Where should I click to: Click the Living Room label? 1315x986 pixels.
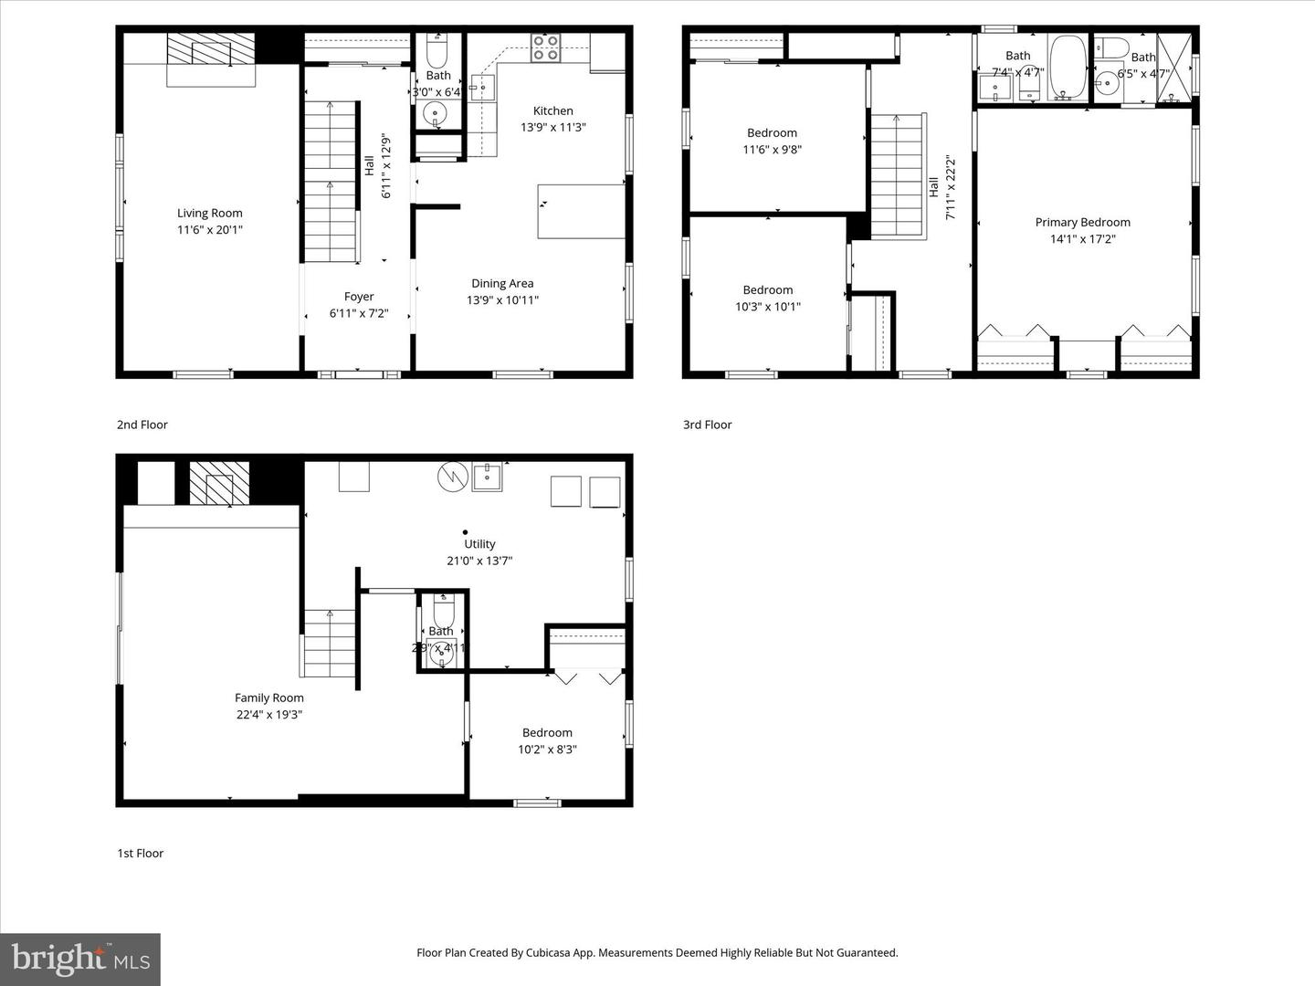(209, 213)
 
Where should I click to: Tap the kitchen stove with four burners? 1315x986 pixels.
(545, 48)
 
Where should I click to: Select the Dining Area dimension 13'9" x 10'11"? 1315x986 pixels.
(502, 300)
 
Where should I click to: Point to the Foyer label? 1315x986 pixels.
(359, 297)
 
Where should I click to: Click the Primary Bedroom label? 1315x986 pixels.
(1082, 222)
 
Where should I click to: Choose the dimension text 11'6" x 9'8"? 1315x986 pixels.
(772, 150)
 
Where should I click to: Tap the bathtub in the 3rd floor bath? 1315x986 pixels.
(1066, 67)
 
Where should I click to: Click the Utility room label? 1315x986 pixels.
(479, 544)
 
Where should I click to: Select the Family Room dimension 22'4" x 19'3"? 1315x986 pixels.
(268, 715)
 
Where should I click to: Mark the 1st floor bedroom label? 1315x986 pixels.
(547, 732)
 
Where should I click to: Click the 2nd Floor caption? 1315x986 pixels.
(142, 425)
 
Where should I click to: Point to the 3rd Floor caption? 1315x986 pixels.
(708, 425)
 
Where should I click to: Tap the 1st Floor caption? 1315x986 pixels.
(141, 854)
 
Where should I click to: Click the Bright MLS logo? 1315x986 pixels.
(80, 959)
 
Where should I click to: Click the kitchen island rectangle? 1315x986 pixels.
(581, 211)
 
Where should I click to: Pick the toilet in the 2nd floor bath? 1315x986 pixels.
(437, 47)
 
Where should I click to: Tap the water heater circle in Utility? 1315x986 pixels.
(453, 476)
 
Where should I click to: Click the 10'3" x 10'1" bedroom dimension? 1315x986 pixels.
(767, 307)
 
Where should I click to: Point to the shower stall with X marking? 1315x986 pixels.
(1174, 67)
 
